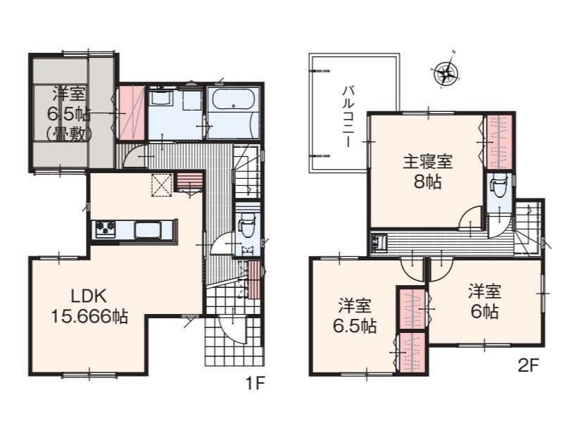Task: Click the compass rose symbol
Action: coord(446,70)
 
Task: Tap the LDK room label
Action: coord(89,296)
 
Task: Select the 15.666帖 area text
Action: coord(89,316)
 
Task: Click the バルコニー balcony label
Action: coord(348,116)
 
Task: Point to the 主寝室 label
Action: coord(427,162)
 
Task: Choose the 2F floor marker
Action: coord(528,365)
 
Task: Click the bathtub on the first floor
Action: coord(233,99)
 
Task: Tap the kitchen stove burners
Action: coord(106,229)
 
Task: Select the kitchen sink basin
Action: coord(148,230)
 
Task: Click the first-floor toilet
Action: coord(247,225)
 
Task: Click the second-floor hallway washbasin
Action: coord(379,243)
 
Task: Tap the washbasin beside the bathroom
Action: coord(161,97)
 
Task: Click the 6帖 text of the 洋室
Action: coord(484,312)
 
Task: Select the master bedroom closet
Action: coord(500,142)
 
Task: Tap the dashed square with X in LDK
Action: coord(162,185)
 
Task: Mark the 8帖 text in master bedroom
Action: coord(428,182)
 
